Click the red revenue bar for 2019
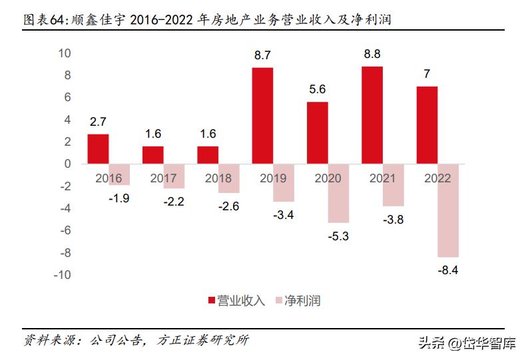click(262, 115)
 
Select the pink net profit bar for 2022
click(447, 210)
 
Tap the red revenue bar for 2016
click(98, 148)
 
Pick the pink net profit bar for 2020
click(338, 193)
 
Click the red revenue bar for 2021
click(372, 114)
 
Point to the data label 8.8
click(372, 51)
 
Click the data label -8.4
click(448, 270)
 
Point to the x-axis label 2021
click(382, 178)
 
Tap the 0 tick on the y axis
click(68, 164)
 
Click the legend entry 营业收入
click(236, 301)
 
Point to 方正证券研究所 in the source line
click(204, 340)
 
